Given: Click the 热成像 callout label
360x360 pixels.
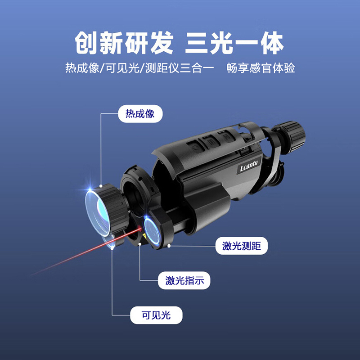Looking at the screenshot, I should point(139,113).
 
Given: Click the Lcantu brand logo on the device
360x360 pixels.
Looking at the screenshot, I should point(249,168).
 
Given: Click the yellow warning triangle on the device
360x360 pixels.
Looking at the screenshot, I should point(144,234).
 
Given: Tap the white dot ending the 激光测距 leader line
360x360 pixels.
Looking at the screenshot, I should point(169,246).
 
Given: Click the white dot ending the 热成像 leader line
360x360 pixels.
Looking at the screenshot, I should point(102,185).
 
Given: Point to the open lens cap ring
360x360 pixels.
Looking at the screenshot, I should point(135,184).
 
